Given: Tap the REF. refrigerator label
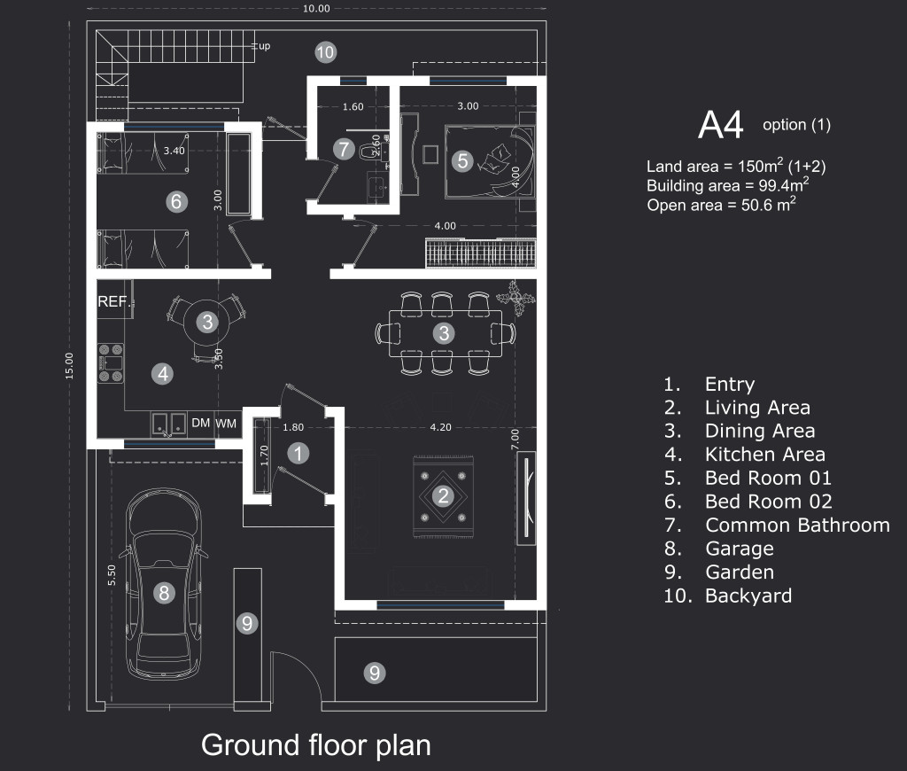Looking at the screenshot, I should click(113, 301).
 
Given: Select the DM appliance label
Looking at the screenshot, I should click(201, 424).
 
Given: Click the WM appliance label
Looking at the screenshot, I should click(226, 424).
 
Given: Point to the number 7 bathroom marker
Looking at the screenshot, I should click(344, 149).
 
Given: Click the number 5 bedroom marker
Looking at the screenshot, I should click(461, 161).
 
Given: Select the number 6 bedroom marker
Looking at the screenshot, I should click(175, 202).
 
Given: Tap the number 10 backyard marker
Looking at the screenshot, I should click(325, 52).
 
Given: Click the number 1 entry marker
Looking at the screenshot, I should click(299, 454).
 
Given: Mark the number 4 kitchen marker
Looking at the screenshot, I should click(162, 374).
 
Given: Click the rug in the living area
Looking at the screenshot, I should click(443, 495).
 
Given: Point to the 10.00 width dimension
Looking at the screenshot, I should click(316, 9).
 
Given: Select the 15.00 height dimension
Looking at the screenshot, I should click(69, 366).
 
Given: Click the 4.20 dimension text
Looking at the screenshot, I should click(440, 427).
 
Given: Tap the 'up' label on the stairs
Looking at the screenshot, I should click(264, 46).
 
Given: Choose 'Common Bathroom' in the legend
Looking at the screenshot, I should click(796, 526).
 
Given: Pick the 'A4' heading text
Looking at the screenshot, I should click(720, 126).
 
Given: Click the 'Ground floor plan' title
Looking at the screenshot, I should click(316, 744).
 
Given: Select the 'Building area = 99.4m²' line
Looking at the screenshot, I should click(726, 186).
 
